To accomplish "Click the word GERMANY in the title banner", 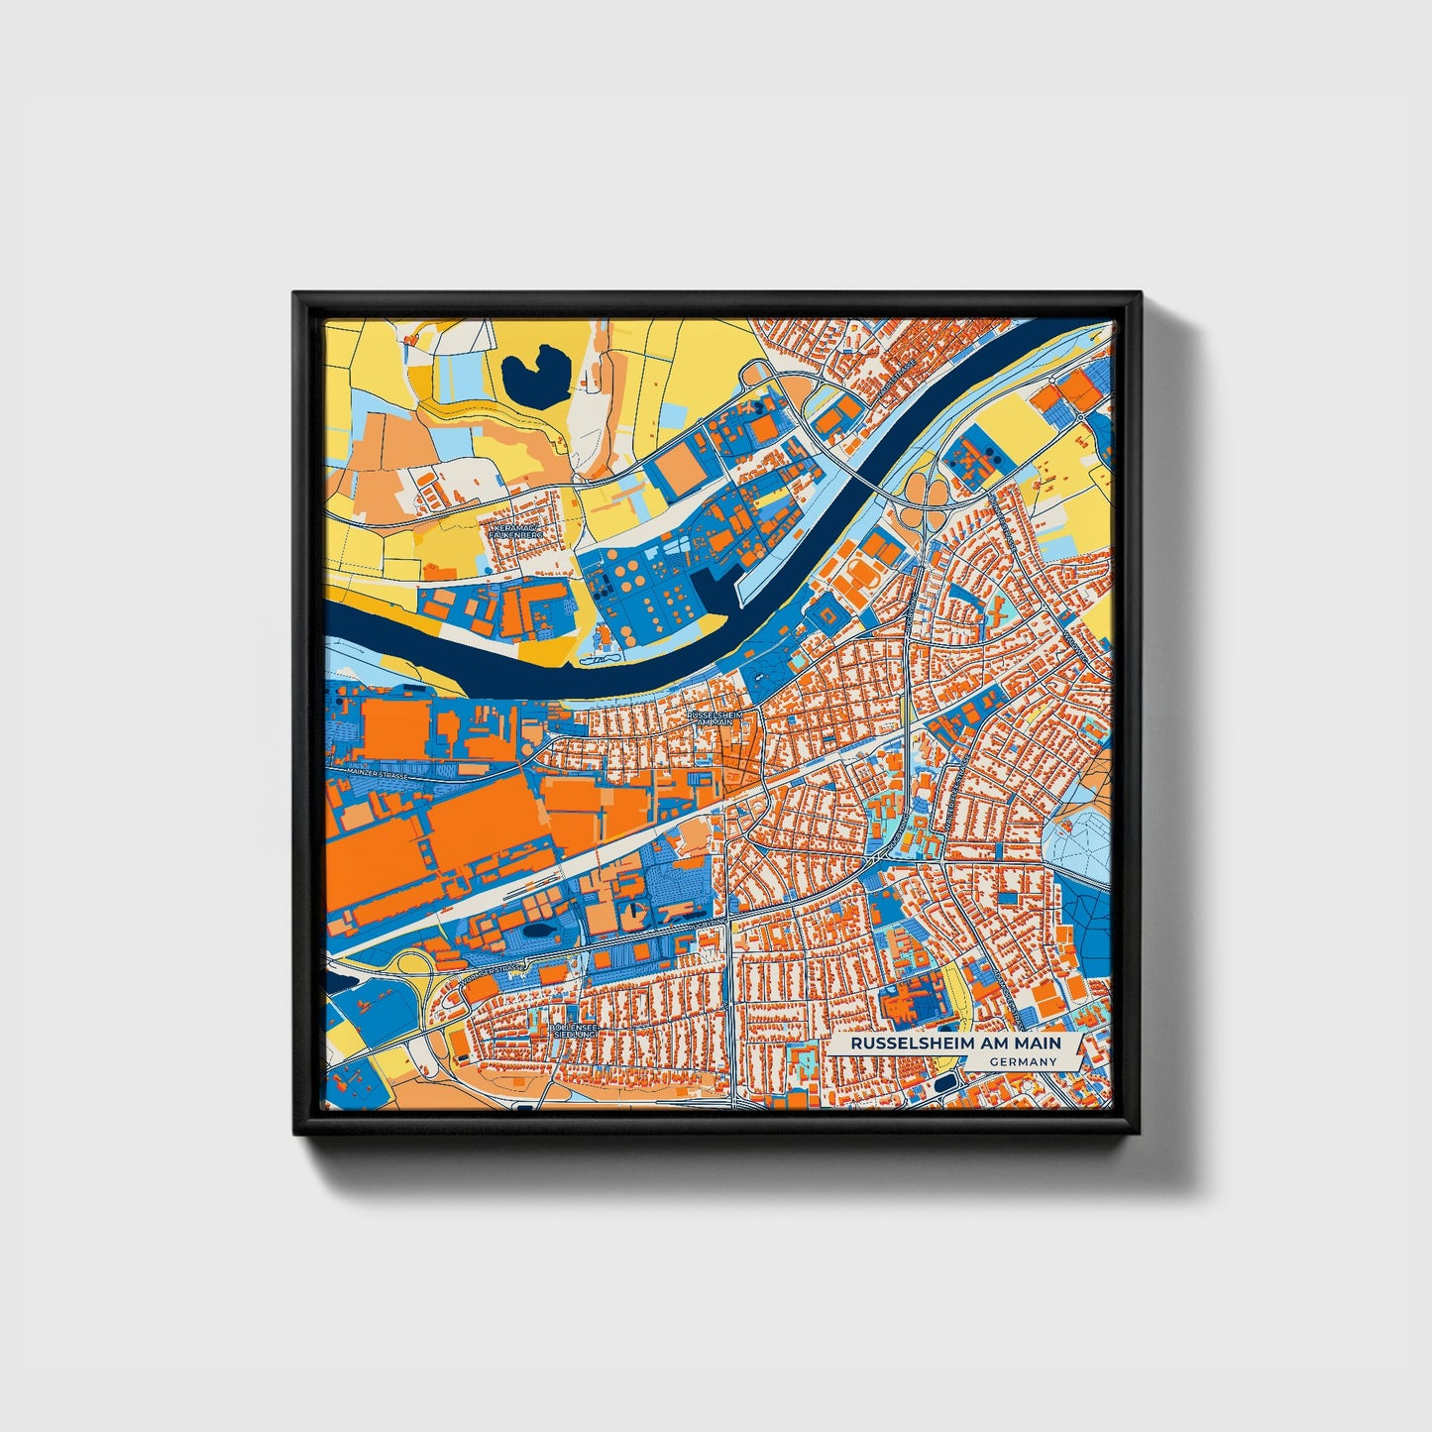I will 1022,1061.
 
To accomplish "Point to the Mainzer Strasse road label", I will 378,774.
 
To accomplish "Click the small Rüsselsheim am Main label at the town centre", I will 714,717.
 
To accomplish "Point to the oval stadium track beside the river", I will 604,658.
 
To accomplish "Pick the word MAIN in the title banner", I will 1038,1044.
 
